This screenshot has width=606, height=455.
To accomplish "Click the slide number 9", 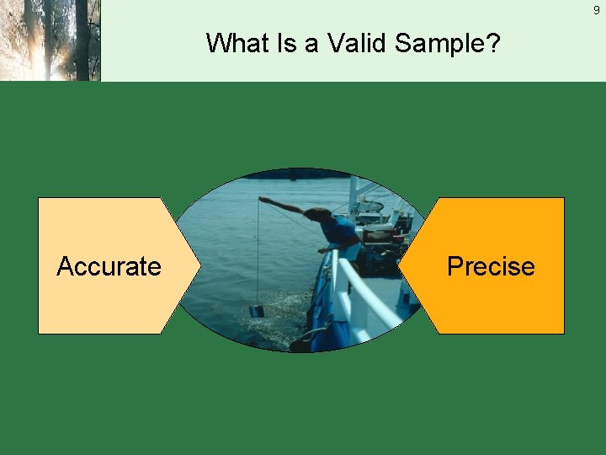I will (x=596, y=10).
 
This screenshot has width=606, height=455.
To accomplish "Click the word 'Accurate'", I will (x=109, y=266).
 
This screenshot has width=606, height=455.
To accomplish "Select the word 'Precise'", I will (x=491, y=266).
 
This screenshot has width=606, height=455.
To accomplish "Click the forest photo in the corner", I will (x=50, y=40).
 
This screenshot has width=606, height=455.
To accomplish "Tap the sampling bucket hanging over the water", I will (x=257, y=311).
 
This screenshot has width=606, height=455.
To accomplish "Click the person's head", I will (x=316, y=214).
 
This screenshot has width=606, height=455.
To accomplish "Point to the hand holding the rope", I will (x=263, y=201).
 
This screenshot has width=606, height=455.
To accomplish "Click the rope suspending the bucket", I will (x=258, y=253).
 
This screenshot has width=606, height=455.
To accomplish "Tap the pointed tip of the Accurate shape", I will (x=200, y=266).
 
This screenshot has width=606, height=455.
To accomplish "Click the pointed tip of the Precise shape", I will (x=400, y=266).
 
